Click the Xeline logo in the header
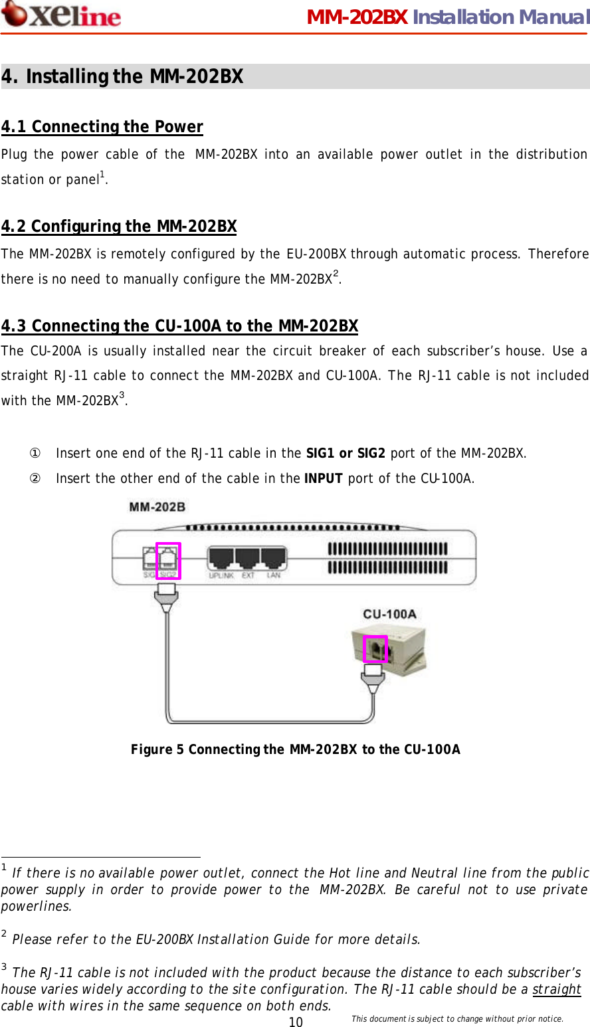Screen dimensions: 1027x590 pyautogui.click(x=61, y=15)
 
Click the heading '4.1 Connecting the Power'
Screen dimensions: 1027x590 pyautogui.click(x=102, y=127)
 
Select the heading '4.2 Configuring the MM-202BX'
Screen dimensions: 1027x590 pyautogui.click(x=119, y=227)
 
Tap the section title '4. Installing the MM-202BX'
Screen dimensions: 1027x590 pyautogui.click(x=122, y=77)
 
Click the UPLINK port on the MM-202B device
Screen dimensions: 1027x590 pyautogui.click(x=221, y=559)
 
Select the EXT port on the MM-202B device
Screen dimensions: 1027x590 pyautogui.click(x=248, y=559)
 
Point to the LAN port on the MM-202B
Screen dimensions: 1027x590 pyautogui.click(x=274, y=559)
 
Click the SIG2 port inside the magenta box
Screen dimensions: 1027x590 pyautogui.click(x=168, y=561)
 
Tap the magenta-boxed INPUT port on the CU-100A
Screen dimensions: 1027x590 pyautogui.click(x=375, y=649)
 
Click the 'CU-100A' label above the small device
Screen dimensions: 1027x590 pyautogui.click(x=389, y=614)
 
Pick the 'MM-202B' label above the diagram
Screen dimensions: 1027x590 pyautogui.click(x=157, y=507)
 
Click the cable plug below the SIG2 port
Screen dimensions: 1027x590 pyautogui.click(x=165, y=600)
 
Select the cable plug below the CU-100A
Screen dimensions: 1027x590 pyautogui.click(x=373, y=679)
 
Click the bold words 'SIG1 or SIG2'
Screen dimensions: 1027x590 pyautogui.click(x=345, y=454)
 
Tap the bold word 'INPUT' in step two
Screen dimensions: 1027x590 pyautogui.click(x=323, y=479)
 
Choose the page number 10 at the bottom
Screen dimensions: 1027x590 pyautogui.click(x=296, y=1022)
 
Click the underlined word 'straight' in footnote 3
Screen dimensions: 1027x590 pyautogui.click(x=557, y=989)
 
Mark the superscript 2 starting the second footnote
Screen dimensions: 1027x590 pyautogui.click(x=4, y=935)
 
